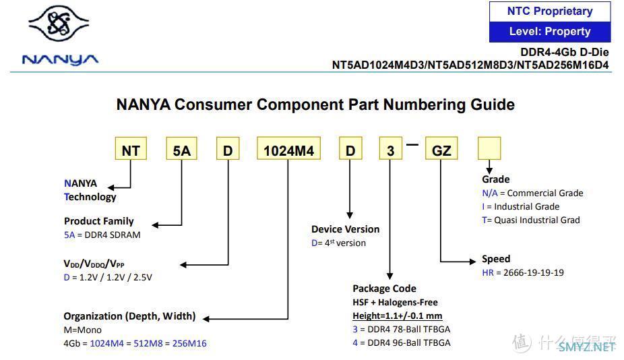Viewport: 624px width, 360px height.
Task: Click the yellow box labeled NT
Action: tap(130, 149)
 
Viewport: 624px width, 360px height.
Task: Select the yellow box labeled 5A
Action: tap(181, 149)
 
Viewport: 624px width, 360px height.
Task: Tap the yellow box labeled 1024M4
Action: tap(288, 149)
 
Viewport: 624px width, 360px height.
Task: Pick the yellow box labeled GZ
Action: tap(441, 149)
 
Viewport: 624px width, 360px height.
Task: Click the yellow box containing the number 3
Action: tap(390, 149)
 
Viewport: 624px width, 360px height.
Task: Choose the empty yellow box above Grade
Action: tap(489, 148)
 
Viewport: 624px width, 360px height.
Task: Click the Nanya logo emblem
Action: tap(59, 28)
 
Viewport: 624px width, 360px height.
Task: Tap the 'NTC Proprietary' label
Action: tap(550, 11)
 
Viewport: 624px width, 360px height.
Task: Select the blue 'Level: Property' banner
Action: tap(550, 32)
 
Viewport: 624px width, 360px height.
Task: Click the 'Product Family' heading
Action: tap(99, 221)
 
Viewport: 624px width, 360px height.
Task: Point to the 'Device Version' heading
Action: tap(345, 229)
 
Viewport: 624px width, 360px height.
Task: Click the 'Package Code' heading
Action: tap(385, 289)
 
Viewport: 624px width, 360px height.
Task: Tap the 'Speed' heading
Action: tap(496, 259)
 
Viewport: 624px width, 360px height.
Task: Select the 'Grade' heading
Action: tap(495, 179)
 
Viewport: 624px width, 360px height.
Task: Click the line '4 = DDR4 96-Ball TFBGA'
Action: tap(402, 342)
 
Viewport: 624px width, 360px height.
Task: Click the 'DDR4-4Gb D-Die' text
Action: tap(565, 53)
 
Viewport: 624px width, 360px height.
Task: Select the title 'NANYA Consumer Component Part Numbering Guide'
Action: tap(315, 104)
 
